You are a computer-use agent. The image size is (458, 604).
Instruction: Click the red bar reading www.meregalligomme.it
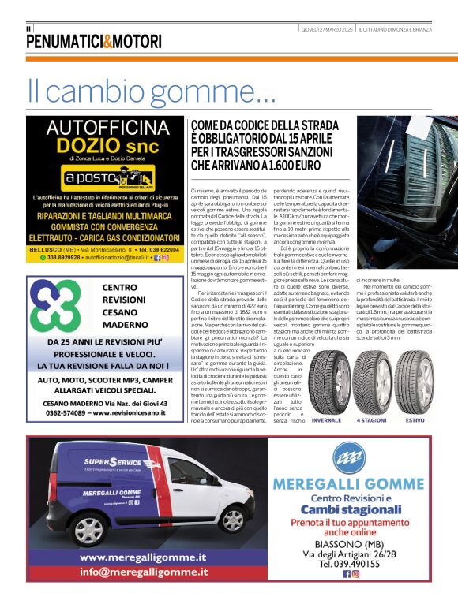142,557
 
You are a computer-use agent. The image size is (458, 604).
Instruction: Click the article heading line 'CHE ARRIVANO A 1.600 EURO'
255,166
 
